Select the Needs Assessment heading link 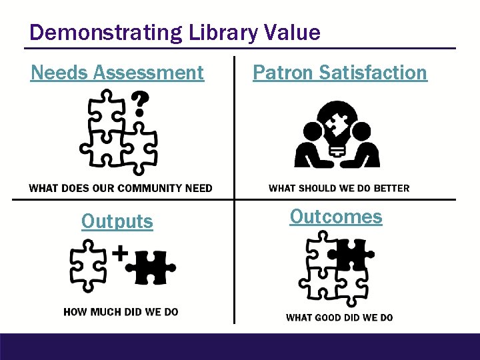point(117,72)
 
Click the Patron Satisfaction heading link point(339,72)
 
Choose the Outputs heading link point(117,221)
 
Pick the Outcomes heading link point(336,217)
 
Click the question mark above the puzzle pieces point(139,105)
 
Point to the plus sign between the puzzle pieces point(119,253)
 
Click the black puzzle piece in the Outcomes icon point(351,255)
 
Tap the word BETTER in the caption point(391,188)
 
